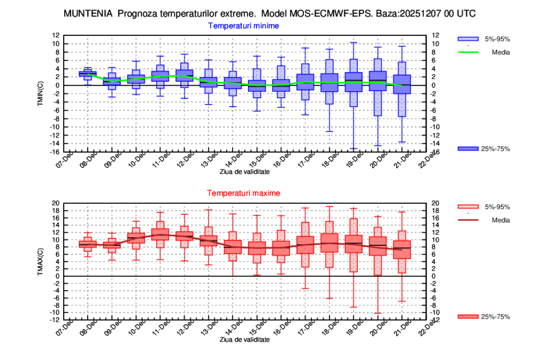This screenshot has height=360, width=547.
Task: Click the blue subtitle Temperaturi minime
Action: [x=244, y=25]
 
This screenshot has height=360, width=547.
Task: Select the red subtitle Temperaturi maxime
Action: [x=244, y=193]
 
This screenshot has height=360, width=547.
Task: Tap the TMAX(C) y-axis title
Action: [x=42, y=261]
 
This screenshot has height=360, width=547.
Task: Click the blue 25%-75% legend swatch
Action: [x=468, y=149]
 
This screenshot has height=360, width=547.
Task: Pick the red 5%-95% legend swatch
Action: [x=468, y=206]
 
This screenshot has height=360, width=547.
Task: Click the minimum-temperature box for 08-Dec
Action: [x=88, y=74]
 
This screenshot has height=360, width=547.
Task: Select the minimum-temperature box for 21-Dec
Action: [x=402, y=84]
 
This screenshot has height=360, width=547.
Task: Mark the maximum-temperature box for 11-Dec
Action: [x=160, y=237]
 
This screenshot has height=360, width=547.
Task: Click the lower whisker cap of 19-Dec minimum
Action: [x=354, y=149]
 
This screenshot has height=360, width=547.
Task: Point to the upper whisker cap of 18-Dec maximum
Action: [x=329, y=206]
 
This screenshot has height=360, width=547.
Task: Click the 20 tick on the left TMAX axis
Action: [x=56, y=203]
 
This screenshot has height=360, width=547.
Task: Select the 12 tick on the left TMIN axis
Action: [x=56, y=35]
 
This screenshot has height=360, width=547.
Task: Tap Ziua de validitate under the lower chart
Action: [x=245, y=340]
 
